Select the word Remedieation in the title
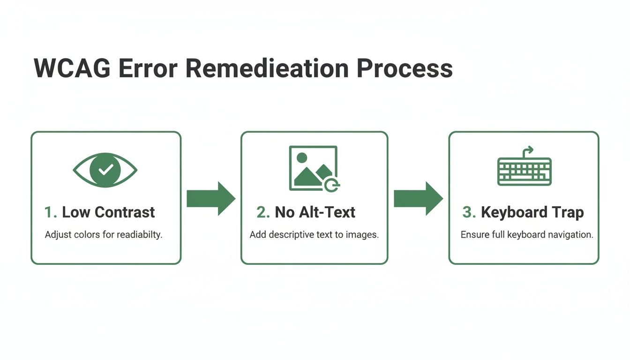click(267, 68)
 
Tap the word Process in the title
click(405, 68)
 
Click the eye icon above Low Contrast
click(105, 170)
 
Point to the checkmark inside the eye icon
click(105, 170)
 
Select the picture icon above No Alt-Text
click(313, 168)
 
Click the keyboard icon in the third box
click(524, 171)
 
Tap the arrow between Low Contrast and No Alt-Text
click(211, 199)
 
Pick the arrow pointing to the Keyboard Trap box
click(418, 199)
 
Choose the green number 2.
click(263, 212)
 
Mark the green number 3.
click(469, 212)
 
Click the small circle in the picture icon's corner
click(332, 185)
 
